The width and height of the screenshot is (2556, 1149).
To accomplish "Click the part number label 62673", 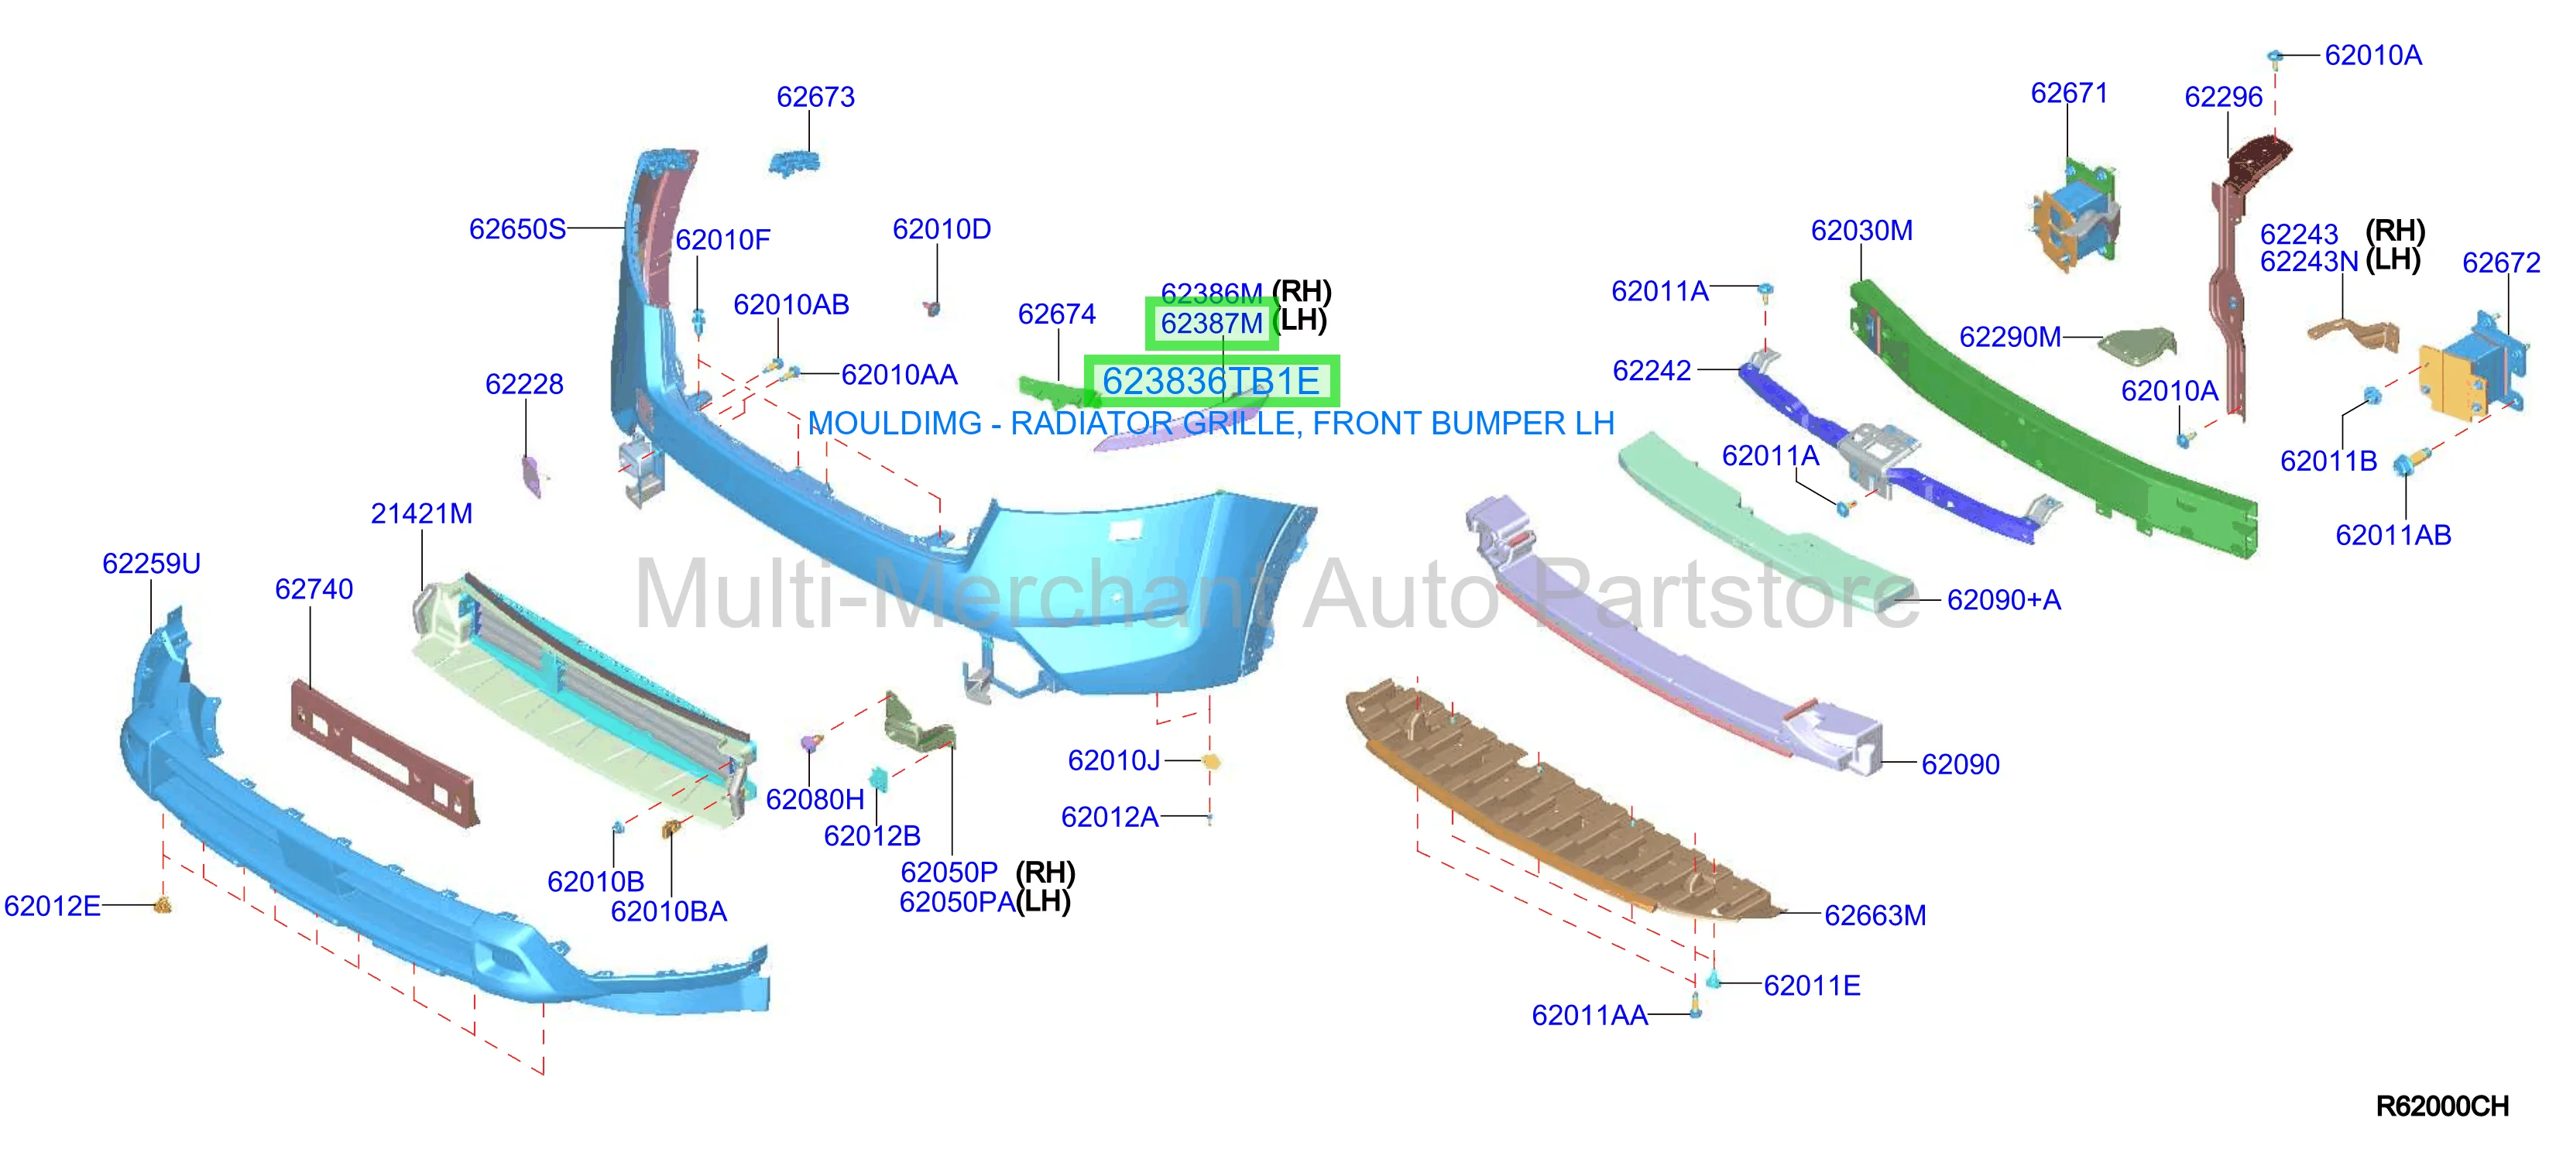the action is pos(815,98).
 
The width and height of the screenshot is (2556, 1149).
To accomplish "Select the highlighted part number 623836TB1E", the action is pos(1210,381).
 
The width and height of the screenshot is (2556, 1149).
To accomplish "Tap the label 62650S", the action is pos(517,229).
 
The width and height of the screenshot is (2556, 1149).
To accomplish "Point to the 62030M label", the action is pos(1861,230).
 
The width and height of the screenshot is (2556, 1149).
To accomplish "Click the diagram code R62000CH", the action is pos(2442,1106).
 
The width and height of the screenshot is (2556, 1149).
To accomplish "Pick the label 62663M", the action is pos(1875,915).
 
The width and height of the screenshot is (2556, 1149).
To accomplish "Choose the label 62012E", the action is pos(53,906).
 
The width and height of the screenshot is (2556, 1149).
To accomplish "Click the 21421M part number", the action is pos(422,514).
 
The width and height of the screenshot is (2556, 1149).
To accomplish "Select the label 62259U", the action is pos(152,564).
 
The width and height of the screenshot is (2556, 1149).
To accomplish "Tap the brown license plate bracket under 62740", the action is pos(385,752).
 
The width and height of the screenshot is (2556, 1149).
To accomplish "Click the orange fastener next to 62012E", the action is pos(163,905).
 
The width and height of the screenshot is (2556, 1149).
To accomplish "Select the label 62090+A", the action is pos(2003,600).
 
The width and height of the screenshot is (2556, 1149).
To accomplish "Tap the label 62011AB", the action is pos(2393,536).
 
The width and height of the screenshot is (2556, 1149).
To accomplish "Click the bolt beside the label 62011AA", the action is pos(1696,1008).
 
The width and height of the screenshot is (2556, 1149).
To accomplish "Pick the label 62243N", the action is pos(2309,262).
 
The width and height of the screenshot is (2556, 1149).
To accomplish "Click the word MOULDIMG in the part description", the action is pos(895,424).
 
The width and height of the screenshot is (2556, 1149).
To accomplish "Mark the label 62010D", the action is pos(942,229).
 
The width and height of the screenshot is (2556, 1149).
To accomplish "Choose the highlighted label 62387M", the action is pos(1212,324).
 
